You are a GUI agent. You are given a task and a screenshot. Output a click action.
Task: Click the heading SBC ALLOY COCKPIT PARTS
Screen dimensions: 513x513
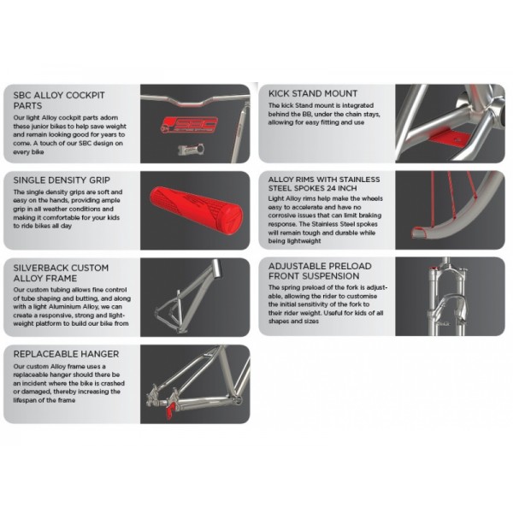point(59,100)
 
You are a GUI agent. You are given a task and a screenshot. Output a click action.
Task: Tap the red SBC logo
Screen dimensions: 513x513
point(190,125)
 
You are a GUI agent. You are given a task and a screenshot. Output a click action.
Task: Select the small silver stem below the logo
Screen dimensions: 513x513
point(191,149)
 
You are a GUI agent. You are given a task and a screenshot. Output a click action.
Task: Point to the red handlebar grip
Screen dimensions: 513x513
point(197,210)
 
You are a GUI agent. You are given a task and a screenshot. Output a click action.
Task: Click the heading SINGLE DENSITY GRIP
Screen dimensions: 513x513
point(62,180)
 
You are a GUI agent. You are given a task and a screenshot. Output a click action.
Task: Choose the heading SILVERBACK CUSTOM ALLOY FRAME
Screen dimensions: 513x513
point(61,274)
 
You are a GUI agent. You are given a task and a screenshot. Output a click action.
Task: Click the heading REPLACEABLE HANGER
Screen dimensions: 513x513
point(66,354)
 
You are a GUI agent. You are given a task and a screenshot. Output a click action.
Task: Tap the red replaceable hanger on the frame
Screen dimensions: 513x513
point(170,410)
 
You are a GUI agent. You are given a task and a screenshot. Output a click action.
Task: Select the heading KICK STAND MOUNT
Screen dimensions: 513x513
point(313,93)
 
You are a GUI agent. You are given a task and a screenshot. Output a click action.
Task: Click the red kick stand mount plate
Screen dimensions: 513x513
point(449,137)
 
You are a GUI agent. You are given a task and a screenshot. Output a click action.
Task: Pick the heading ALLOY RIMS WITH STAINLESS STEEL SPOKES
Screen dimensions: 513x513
point(324,184)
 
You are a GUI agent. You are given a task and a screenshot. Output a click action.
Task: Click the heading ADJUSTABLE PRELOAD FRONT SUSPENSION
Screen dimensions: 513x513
point(320,271)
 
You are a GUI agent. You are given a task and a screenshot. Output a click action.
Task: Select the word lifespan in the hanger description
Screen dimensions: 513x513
point(27,400)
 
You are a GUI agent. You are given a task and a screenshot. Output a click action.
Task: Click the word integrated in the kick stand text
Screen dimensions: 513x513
point(358,106)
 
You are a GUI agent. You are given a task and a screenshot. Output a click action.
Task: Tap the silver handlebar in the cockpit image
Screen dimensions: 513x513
point(195,99)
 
